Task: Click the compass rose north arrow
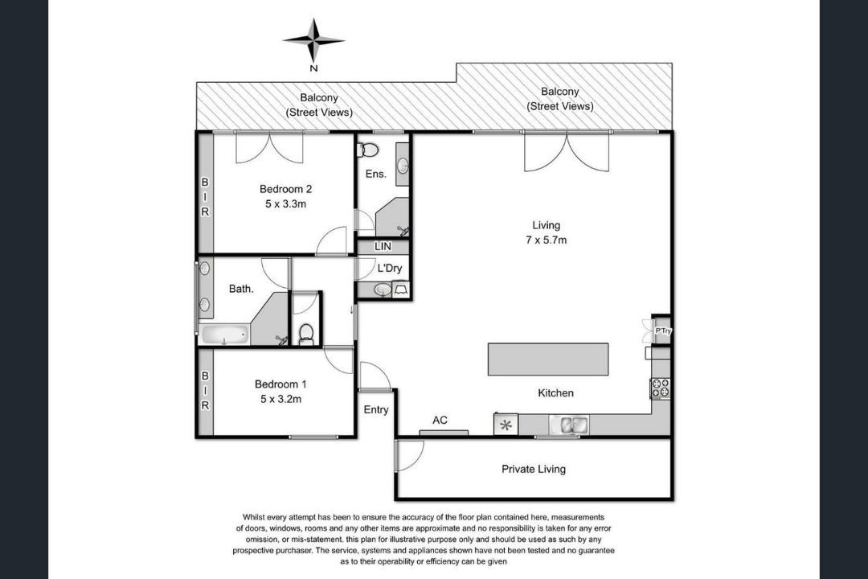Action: (x=314, y=41)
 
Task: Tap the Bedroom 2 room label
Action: (x=285, y=189)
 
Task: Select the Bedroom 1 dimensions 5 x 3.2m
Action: (x=281, y=399)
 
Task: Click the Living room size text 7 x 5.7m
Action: (x=547, y=240)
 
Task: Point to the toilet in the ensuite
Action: (x=367, y=150)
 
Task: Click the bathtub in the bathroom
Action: (x=225, y=335)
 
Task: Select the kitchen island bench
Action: (x=548, y=359)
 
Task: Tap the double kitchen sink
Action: (x=569, y=425)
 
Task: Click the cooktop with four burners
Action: (x=660, y=388)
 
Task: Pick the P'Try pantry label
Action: (x=662, y=331)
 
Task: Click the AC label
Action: (x=440, y=420)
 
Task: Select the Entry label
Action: (x=376, y=410)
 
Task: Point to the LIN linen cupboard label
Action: (x=383, y=247)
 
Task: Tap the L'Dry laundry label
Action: (x=390, y=268)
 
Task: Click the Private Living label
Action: (x=534, y=470)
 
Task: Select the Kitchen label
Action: (x=556, y=392)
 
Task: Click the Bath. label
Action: (x=241, y=289)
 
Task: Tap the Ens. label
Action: (x=376, y=174)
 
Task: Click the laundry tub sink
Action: (x=382, y=289)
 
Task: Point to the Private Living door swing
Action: (x=411, y=455)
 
